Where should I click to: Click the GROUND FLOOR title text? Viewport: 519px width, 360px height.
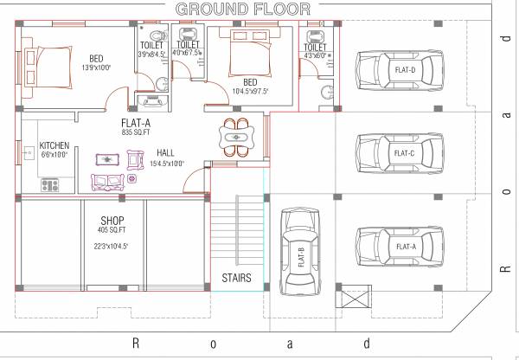[244, 9]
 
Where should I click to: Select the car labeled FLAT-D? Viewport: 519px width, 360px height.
[397, 70]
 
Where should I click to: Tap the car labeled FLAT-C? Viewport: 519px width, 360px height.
[397, 153]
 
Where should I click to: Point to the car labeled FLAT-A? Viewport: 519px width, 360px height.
[397, 247]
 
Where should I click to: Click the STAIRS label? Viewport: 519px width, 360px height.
[236, 279]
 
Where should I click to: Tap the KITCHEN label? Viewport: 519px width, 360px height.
[54, 145]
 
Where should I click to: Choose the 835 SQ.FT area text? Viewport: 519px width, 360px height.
[138, 132]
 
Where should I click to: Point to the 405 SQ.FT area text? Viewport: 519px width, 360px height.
[112, 230]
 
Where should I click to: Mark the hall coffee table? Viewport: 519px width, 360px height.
[107, 159]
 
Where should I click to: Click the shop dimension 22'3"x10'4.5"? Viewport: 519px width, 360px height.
[112, 247]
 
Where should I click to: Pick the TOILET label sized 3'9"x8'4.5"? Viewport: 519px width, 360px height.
[152, 44]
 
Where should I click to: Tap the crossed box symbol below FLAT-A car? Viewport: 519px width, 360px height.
[356, 300]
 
